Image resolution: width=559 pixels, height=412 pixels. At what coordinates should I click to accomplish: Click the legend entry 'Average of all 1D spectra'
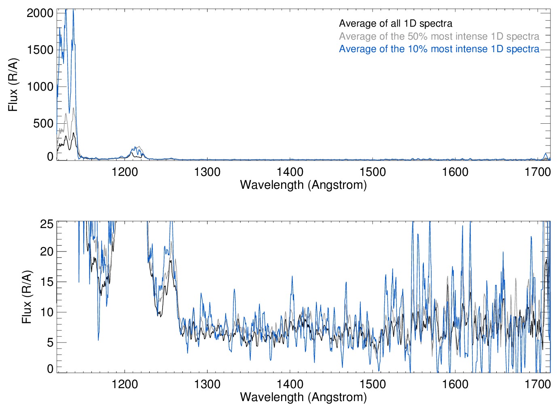(x=395, y=23)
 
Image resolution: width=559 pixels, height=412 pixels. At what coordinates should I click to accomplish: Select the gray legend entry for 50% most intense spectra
(x=439, y=36)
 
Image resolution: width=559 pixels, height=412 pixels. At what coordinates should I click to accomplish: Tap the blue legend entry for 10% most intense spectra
(x=439, y=49)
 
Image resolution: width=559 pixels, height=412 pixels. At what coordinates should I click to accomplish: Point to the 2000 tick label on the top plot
(x=40, y=13)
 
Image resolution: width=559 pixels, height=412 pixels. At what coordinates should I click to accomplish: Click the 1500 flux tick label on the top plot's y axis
(x=40, y=50)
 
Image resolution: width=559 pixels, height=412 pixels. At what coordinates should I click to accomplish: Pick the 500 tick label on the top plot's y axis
(x=43, y=123)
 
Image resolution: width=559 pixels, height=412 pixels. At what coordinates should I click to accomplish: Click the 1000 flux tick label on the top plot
(x=40, y=87)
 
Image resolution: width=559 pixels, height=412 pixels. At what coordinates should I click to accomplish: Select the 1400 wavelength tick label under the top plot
(x=290, y=172)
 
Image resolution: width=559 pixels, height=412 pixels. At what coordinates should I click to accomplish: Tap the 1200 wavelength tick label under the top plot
(x=125, y=172)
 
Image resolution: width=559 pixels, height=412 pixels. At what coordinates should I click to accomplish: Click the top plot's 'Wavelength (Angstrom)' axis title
(x=303, y=185)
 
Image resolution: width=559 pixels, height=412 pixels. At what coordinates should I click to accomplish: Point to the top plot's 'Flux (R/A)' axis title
(x=13, y=85)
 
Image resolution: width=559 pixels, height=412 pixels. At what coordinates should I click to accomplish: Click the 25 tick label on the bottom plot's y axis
(x=47, y=224)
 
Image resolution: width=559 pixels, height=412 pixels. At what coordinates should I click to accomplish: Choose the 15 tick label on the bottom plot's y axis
(x=47, y=282)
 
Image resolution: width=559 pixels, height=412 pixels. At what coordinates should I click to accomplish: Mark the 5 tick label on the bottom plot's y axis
(x=50, y=342)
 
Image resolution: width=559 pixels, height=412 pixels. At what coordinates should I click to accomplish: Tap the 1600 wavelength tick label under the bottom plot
(x=455, y=384)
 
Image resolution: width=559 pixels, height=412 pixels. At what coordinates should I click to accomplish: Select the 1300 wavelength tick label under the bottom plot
(x=207, y=384)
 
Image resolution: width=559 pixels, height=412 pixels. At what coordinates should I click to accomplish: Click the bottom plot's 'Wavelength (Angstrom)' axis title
(x=303, y=397)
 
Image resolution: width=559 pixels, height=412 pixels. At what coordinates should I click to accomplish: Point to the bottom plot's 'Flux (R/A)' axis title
(x=27, y=297)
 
